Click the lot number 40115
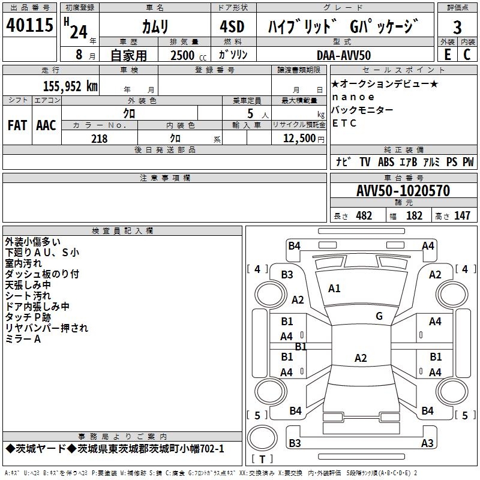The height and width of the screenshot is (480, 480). (29, 26)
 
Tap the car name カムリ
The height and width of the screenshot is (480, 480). (155, 26)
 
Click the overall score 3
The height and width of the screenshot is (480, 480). (457, 27)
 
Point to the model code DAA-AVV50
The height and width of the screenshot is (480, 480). (344, 55)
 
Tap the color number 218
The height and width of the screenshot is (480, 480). (99, 139)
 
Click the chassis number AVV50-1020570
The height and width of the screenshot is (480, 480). (403, 191)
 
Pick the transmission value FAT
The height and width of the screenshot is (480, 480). (17, 125)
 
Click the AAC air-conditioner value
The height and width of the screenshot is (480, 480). (46, 125)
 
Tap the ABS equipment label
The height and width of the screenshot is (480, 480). (386, 161)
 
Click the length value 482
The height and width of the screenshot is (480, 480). (364, 215)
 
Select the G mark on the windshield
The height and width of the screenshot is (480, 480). (379, 316)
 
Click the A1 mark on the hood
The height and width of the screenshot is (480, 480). (334, 289)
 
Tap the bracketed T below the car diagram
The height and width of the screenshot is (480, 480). (262, 460)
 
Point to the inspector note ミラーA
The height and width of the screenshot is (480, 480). (23, 339)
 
